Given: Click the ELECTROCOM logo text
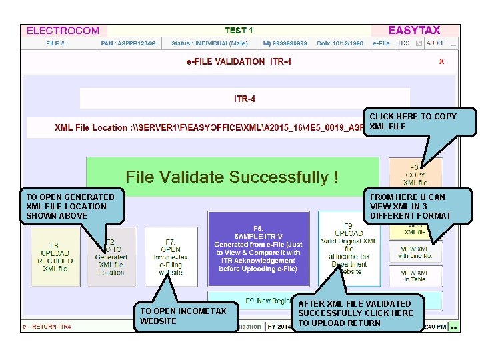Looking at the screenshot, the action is tap(63, 31).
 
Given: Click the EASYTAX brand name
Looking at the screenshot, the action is tap(414, 31).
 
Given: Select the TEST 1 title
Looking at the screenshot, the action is tap(239, 31).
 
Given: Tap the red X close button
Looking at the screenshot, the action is tap(441, 61).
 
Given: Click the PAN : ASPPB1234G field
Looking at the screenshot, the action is tap(129, 43).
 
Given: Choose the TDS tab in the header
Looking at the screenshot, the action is tap(403, 43).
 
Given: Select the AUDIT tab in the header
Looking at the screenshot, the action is tap(435, 43).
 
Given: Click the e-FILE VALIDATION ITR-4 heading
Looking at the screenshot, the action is tap(239, 61).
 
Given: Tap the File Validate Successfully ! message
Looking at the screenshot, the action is tap(232, 177).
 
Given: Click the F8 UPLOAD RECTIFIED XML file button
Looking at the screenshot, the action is tap(55, 257).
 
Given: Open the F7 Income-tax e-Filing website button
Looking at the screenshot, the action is tap(171, 257).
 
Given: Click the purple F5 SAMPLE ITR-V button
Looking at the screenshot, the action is tap(258, 248).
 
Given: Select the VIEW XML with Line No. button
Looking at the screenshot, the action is tap(415, 253).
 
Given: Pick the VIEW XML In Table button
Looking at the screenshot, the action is tap(415, 276).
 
